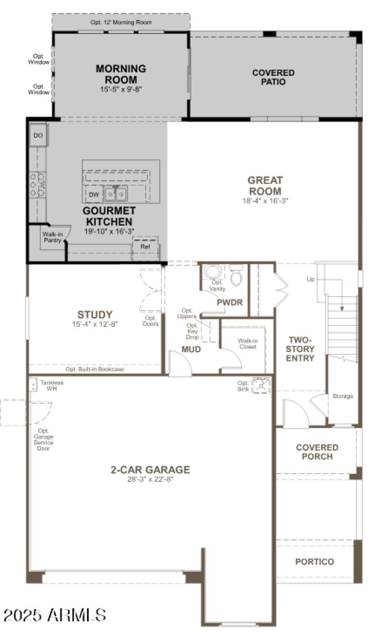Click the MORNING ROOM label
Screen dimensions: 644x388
pyautogui.click(x=121, y=74)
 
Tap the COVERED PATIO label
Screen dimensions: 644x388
pyautogui.click(x=273, y=77)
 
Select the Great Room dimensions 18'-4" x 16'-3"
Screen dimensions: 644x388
pyautogui.click(x=265, y=201)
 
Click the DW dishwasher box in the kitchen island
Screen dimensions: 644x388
pyautogui.click(x=94, y=195)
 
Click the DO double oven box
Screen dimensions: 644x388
pyautogui.click(x=38, y=136)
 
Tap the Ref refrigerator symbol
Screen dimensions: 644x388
pyautogui.click(x=145, y=247)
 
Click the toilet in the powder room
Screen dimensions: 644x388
pyautogui.click(x=236, y=275)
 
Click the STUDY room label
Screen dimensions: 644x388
pyautogui.click(x=95, y=315)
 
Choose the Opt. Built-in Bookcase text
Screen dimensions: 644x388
pyautogui.click(x=95, y=369)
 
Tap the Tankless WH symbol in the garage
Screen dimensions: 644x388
pyautogui.click(x=33, y=385)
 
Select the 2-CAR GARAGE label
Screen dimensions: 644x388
pyautogui.click(x=150, y=470)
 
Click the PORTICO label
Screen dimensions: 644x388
pyautogui.click(x=314, y=562)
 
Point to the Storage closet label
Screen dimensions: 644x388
pyautogui.click(x=342, y=396)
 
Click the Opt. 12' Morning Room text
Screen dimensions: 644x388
pyautogui.click(x=121, y=22)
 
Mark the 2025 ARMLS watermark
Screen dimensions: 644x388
pyautogui.click(x=54, y=615)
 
